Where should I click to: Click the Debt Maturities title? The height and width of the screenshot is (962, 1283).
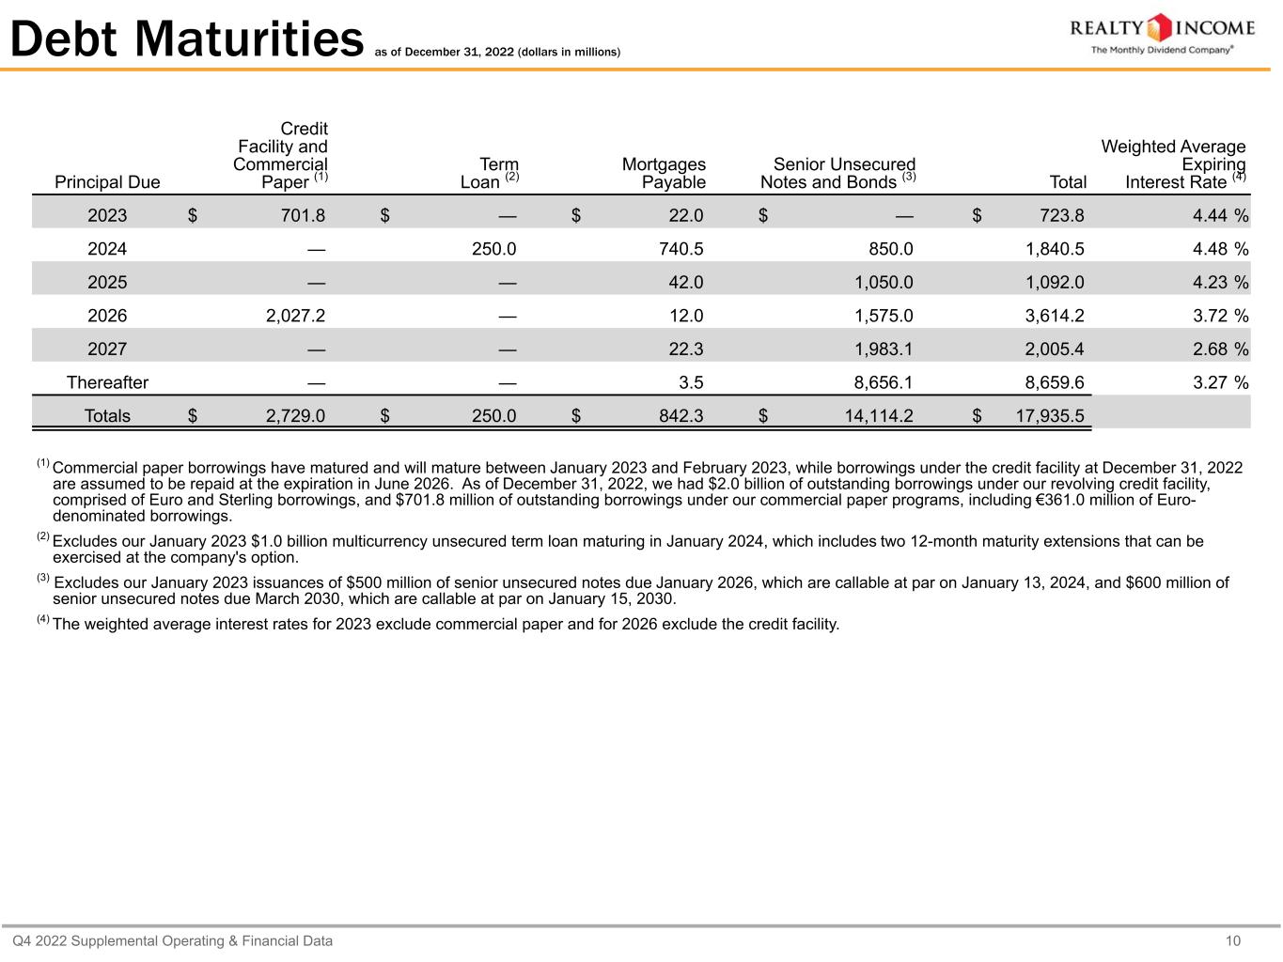coord(186,39)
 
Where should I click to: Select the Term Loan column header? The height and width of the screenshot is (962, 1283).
coord(490,173)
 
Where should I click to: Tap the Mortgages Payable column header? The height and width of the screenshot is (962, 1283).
coord(664,173)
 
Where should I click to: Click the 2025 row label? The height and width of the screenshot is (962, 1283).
coord(107,283)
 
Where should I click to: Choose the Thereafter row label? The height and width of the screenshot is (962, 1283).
coord(107,382)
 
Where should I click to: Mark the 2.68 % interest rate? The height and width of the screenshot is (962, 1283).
coord(1220,349)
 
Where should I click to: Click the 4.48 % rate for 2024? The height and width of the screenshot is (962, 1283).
coord(1220,249)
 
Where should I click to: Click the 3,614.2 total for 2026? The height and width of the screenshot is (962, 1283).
coord(1054,316)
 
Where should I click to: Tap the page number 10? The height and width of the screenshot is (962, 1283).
coord(1233,941)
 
